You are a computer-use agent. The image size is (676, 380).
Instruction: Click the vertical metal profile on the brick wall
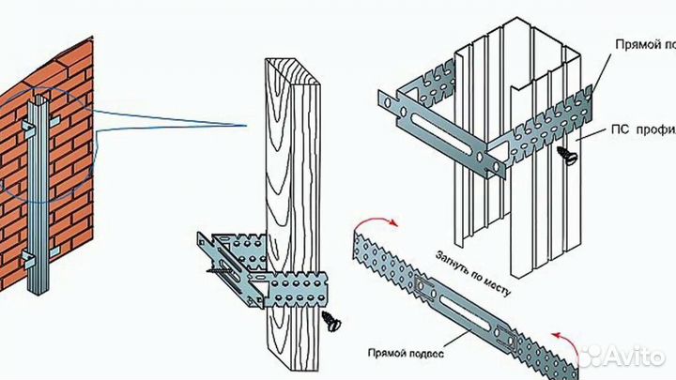(40, 188)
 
